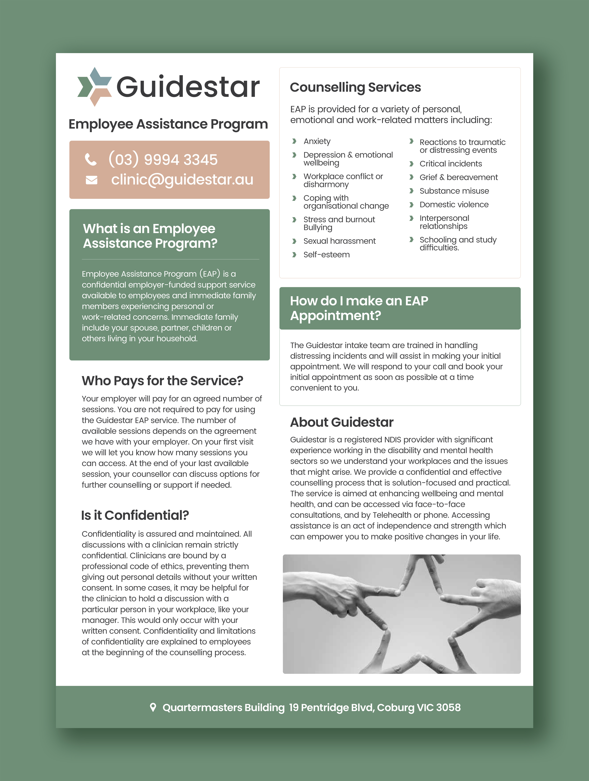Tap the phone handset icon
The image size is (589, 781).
pyautogui.click(x=91, y=160)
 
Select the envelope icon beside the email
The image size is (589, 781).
pyautogui.click(x=92, y=180)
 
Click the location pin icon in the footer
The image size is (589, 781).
pyautogui.click(x=153, y=707)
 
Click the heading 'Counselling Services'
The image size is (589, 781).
pyautogui.click(x=355, y=87)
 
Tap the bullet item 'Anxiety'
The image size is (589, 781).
pyautogui.click(x=317, y=141)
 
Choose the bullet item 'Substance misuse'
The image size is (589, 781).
pyautogui.click(x=454, y=191)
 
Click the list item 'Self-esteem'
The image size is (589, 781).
pyautogui.click(x=326, y=255)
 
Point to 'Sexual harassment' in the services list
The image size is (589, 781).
pyautogui.click(x=339, y=241)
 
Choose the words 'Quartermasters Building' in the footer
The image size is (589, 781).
pyautogui.click(x=224, y=708)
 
